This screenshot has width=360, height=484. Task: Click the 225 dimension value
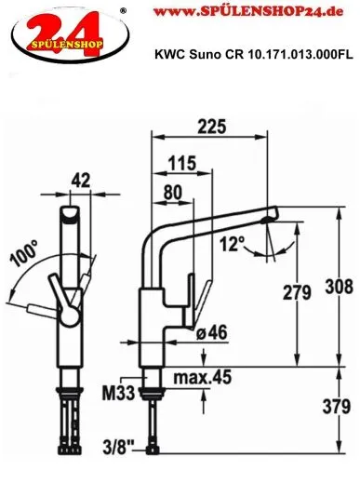coord(212,127)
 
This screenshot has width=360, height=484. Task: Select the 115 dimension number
coord(182,163)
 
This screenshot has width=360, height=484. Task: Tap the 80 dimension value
coord(173,193)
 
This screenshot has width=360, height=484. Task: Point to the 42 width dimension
coord(81,181)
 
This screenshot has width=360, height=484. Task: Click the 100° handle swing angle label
coord(24,253)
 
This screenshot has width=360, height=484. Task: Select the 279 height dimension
coord(297,292)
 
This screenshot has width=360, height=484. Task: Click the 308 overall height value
coord(339,287)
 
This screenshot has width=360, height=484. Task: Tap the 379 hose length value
coord(337,407)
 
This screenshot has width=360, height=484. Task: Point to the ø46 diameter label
coord(212,332)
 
